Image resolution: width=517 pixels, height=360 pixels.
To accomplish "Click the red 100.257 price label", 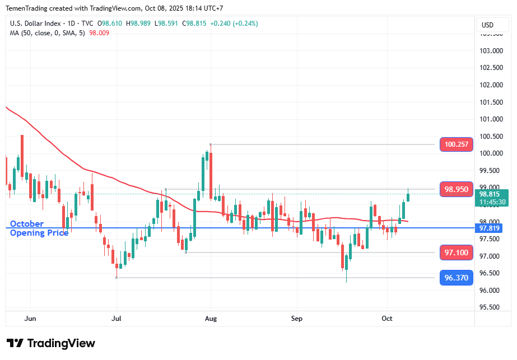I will pyautogui.click(x=457, y=144).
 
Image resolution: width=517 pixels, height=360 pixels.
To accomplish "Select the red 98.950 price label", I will pyautogui.click(x=457, y=189).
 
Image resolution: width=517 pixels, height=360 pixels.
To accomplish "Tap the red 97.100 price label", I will pyautogui.click(x=457, y=253).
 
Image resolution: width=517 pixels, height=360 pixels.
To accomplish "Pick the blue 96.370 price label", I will pyautogui.click(x=457, y=277).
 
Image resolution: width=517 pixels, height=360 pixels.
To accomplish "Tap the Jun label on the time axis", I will pyautogui.click(x=31, y=318).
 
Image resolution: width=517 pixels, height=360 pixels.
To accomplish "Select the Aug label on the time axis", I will pyautogui.click(x=211, y=318).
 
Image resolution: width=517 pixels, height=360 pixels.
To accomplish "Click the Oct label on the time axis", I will pyautogui.click(x=387, y=318).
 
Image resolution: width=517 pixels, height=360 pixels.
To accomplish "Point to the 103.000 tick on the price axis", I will pyautogui.click(x=491, y=51).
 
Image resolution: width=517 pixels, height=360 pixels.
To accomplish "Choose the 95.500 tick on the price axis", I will pyautogui.click(x=491, y=307).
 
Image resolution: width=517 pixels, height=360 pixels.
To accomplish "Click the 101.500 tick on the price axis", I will pyautogui.click(x=491, y=102).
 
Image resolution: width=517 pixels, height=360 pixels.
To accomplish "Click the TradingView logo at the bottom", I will pyautogui.click(x=51, y=343).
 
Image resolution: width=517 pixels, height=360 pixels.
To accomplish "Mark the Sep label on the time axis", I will pyautogui.click(x=297, y=318).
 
